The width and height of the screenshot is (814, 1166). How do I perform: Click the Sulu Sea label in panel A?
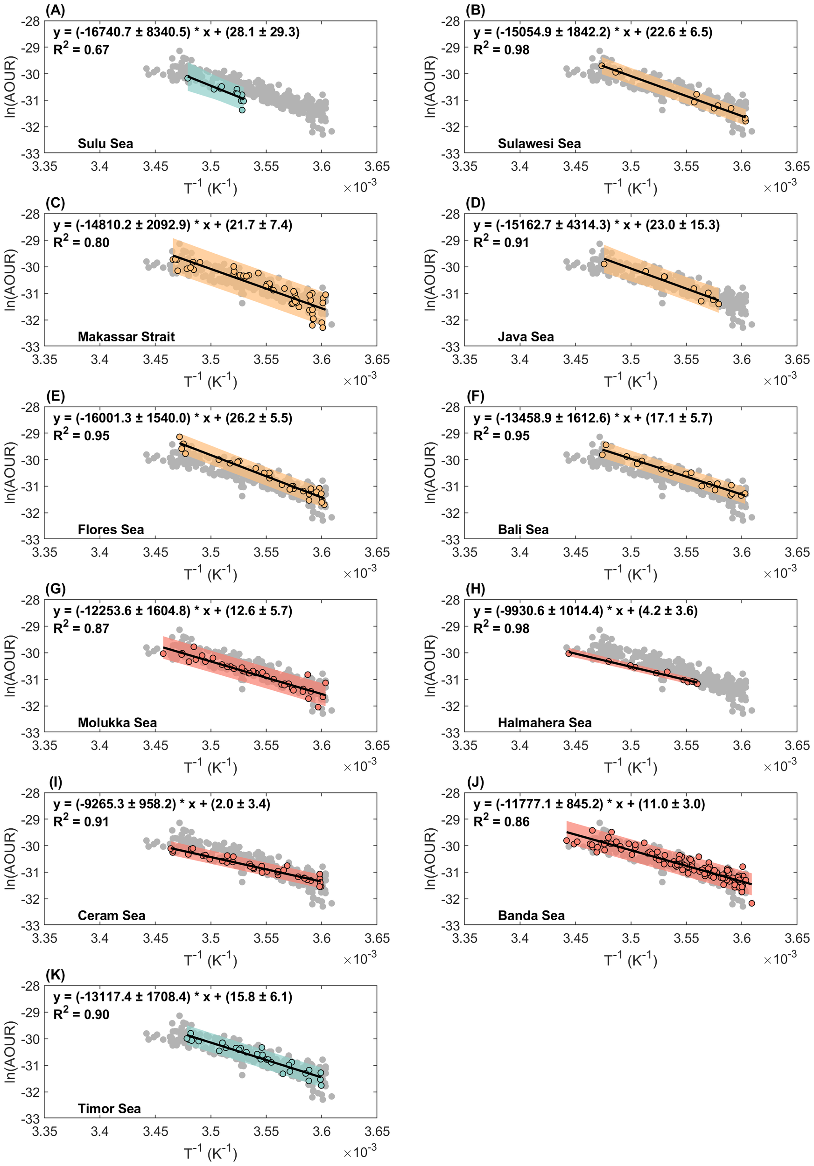pyautogui.click(x=105, y=144)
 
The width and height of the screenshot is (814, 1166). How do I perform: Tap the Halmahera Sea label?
pyautogui.click(x=545, y=722)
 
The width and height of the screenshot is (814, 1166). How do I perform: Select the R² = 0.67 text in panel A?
pyautogui.click(x=81, y=49)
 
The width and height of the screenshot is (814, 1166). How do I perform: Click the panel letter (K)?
pyautogui.click(x=55, y=975)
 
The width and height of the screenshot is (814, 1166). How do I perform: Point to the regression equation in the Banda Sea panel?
pyautogui.click(x=589, y=804)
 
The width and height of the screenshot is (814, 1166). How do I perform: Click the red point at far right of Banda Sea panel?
pyautogui.click(x=751, y=903)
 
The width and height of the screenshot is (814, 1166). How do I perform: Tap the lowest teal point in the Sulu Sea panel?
pyautogui.click(x=242, y=110)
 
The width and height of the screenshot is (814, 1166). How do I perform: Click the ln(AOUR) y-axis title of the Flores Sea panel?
pyautogui.click(x=10, y=473)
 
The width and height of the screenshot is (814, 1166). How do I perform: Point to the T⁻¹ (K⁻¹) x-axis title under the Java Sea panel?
pyautogui.click(x=630, y=382)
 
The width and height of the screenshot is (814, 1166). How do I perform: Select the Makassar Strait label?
pyautogui.click(x=126, y=337)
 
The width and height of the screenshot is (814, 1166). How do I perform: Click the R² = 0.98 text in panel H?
pyautogui.click(x=501, y=628)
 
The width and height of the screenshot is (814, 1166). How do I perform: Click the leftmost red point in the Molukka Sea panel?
pyautogui.click(x=163, y=653)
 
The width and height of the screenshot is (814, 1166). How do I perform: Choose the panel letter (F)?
pyautogui.click(x=475, y=396)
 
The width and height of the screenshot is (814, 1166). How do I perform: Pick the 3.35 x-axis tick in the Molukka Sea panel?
pyautogui.click(x=45, y=745)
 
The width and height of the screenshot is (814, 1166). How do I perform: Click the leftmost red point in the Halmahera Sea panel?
pyautogui.click(x=568, y=653)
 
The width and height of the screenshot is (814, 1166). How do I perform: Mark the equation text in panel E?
pyautogui.click(x=173, y=418)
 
